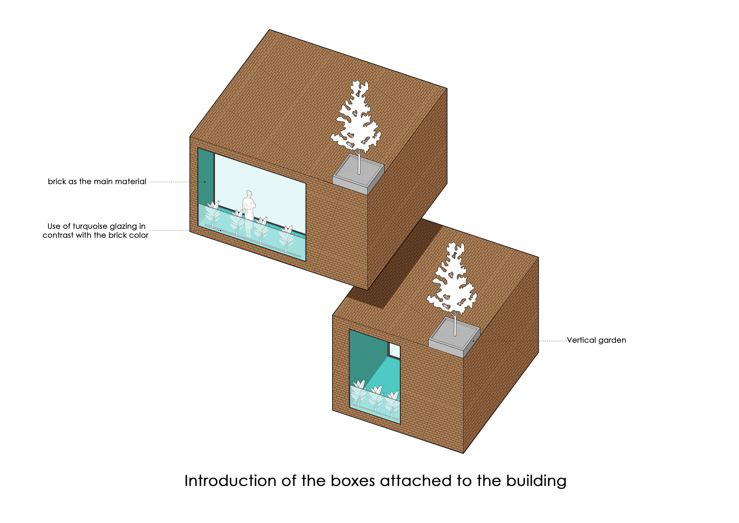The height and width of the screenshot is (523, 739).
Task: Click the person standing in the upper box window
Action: pyautogui.click(x=249, y=211)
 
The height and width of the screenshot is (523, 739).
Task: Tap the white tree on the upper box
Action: pyautogui.click(x=355, y=118)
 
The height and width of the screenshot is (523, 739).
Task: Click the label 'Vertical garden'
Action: pyautogui.click(x=596, y=340)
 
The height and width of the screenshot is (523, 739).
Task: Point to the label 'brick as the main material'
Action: pyautogui.click(x=97, y=182)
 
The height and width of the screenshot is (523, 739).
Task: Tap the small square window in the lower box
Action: pyautogui.click(x=394, y=351)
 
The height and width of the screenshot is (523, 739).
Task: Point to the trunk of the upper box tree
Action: pyautogui.click(x=358, y=163)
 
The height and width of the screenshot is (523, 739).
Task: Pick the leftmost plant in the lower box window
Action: pyautogui.click(x=358, y=394)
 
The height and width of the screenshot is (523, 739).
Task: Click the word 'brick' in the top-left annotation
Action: pyautogui.click(x=57, y=182)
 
